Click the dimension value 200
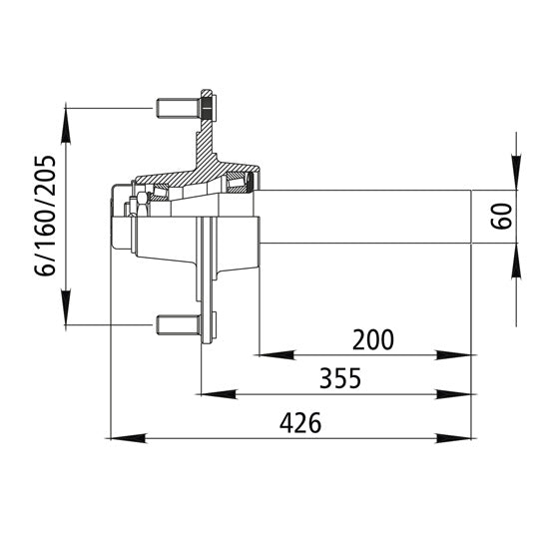point(373,338)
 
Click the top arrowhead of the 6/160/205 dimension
point(67,122)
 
